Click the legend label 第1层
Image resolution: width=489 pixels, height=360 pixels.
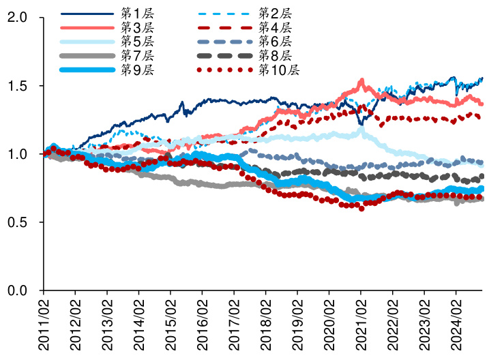137,13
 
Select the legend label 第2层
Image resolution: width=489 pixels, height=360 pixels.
275,13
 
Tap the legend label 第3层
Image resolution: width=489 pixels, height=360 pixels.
137,27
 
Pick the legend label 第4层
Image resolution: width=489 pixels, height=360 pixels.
275,27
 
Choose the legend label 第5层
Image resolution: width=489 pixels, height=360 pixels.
137,42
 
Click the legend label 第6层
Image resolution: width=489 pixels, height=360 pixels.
275,42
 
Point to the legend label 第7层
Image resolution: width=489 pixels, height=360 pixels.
137,55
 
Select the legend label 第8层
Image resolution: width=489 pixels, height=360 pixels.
275,55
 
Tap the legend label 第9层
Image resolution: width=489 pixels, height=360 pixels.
137,70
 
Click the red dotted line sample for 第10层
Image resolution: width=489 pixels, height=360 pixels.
224,70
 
